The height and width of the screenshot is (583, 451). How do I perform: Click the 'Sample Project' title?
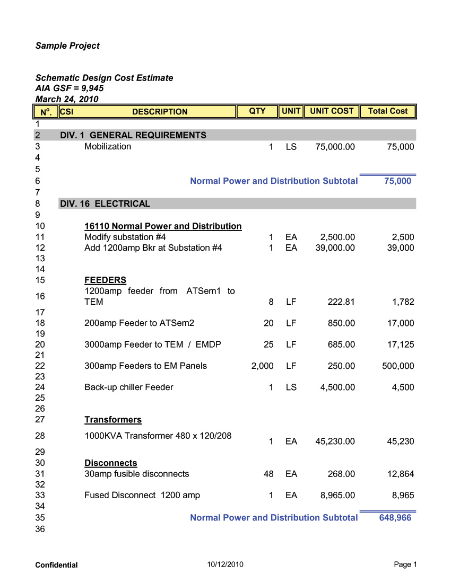click(67, 46)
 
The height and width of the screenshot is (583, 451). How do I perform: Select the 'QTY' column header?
click(257, 111)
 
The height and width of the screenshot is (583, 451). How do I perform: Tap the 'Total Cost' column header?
click(388, 111)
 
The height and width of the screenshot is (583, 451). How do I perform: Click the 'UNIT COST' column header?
click(332, 111)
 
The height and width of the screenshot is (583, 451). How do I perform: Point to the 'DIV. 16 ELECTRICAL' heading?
click(105, 204)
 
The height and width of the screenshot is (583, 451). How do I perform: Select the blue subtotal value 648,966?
click(395, 518)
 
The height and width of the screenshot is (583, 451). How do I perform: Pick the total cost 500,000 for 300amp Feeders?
click(398, 366)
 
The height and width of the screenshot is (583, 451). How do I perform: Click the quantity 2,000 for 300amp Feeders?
click(263, 366)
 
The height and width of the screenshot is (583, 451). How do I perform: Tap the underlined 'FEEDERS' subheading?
click(105, 280)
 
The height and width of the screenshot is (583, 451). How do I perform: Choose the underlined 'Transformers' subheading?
click(113, 420)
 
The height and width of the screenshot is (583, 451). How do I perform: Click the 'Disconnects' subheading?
click(110, 463)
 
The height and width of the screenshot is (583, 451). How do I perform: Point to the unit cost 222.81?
click(341, 302)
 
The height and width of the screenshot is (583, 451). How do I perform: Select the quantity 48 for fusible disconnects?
click(268, 474)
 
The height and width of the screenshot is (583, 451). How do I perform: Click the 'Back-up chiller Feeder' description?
click(129, 387)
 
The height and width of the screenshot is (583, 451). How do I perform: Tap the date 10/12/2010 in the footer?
click(226, 565)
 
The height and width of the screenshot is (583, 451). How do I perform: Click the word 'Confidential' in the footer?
click(56, 566)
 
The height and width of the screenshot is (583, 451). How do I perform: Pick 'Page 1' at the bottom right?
click(405, 565)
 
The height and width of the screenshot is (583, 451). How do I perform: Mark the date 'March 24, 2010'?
click(67, 99)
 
